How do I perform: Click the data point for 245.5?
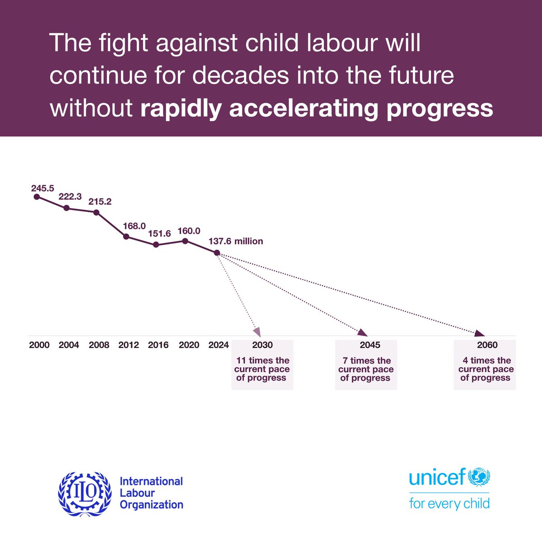pyautogui.click(x=37, y=197)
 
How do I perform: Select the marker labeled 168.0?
pyautogui.click(x=126, y=236)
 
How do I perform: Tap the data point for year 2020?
pyautogui.click(x=185, y=240)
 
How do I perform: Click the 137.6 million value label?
pyautogui.click(x=235, y=241)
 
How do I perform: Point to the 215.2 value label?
pyautogui.click(x=99, y=201)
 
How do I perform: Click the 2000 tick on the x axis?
pyautogui.click(x=39, y=345)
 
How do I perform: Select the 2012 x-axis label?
pyautogui.click(x=129, y=345)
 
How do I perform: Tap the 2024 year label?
pyautogui.click(x=219, y=345)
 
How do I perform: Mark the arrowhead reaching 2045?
pyautogui.click(x=363, y=333)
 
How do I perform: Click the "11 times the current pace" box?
pyautogui.click(x=262, y=365)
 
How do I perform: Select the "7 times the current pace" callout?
pyautogui.click(x=366, y=365)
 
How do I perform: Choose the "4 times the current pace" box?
pyautogui.click(x=485, y=365)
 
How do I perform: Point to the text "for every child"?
pyautogui.click(x=449, y=503)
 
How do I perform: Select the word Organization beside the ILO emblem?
pyautogui.click(x=151, y=505)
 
